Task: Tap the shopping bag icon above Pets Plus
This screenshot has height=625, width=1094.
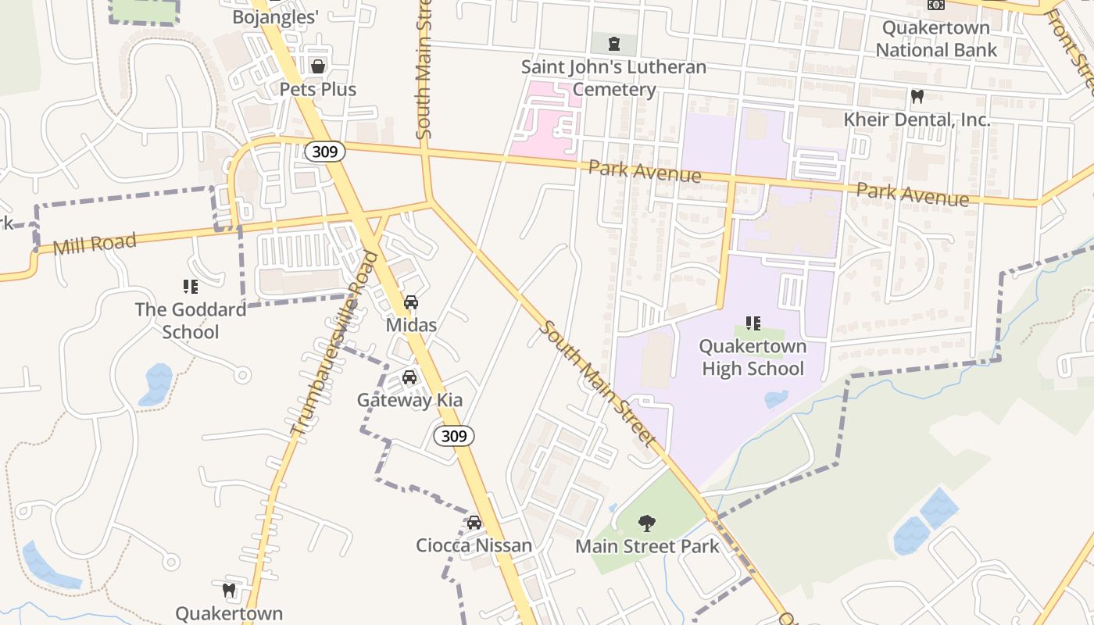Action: [318, 66]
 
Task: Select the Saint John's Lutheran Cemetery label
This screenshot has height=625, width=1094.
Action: [613, 78]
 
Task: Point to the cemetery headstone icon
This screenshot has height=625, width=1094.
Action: [613, 43]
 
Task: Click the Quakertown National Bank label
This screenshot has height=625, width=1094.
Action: [936, 39]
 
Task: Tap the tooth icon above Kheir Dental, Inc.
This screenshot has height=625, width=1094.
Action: [917, 97]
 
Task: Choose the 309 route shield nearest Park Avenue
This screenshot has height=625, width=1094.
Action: [324, 151]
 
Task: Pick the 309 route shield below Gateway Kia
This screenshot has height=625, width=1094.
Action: [454, 436]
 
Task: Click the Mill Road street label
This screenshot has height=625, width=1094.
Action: [95, 243]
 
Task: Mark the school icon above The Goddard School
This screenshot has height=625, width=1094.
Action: [190, 287]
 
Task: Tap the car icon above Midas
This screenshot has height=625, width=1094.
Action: [410, 302]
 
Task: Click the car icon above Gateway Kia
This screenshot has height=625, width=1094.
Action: [409, 378]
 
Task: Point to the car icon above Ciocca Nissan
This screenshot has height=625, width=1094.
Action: [474, 522]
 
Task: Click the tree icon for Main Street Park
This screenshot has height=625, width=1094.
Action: [646, 523]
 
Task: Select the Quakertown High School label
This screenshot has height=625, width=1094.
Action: [753, 357]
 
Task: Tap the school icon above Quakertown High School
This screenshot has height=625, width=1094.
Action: [753, 323]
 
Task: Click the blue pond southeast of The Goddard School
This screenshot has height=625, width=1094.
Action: [156, 384]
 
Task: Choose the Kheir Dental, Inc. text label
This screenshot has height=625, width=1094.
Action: [917, 120]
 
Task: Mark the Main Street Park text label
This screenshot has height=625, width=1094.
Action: [647, 546]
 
